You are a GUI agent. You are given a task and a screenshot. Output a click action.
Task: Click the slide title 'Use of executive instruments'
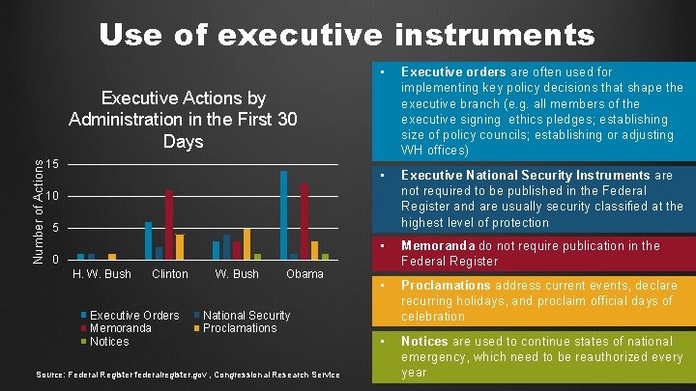(x=346, y=36)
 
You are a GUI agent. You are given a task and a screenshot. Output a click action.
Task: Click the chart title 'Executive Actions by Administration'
(x=183, y=120)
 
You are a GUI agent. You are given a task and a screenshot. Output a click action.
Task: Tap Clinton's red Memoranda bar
(x=169, y=224)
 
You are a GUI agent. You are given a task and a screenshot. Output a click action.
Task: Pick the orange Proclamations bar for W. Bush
(x=246, y=244)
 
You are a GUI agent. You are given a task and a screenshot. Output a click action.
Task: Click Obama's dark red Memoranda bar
(x=304, y=221)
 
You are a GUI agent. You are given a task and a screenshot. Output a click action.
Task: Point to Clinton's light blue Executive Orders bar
(x=148, y=240)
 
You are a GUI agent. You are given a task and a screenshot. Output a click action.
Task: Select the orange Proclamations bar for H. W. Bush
(x=112, y=257)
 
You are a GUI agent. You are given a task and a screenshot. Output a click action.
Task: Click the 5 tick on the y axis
(x=58, y=228)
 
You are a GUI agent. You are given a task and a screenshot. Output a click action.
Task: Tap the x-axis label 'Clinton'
(x=170, y=274)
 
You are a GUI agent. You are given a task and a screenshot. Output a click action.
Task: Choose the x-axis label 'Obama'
(x=304, y=274)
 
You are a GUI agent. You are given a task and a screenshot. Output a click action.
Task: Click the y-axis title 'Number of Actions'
(x=38, y=212)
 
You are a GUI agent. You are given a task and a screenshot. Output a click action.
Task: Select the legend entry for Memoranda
(x=120, y=328)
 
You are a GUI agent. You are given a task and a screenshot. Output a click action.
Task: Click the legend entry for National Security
(x=246, y=316)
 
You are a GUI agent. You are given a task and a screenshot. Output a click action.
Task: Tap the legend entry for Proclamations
(x=239, y=328)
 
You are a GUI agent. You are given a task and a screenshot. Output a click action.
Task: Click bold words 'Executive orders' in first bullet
(x=453, y=72)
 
